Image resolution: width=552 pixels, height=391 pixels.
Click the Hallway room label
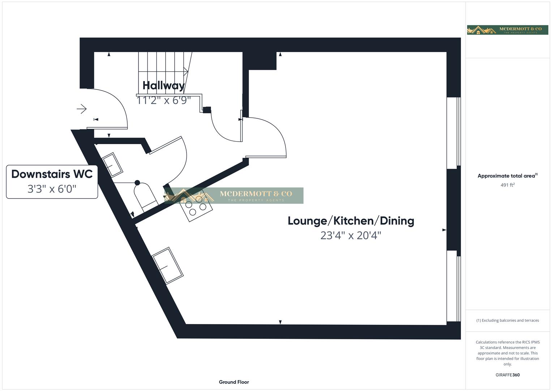pyautogui.click(x=163, y=85)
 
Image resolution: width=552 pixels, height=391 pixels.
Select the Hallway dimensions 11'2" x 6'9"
pyautogui.click(x=163, y=100)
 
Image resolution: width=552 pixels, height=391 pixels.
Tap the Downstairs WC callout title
pyautogui.click(x=52, y=174)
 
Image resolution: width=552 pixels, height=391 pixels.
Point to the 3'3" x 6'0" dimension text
pyautogui.click(x=52, y=189)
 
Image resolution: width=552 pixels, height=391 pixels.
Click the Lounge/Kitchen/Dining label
pyautogui.click(x=351, y=221)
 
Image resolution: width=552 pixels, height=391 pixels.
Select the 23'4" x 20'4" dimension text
pyautogui.click(x=351, y=236)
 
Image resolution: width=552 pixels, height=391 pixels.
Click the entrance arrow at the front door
pyautogui.click(x=82, y=109)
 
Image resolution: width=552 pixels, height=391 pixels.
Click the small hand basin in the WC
pyautogui.click(x=113, y=165)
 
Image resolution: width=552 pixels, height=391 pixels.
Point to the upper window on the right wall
pyautogui.click(x=453, y=133)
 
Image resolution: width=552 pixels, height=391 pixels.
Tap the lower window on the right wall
pyautogui.click(x=453, y=286)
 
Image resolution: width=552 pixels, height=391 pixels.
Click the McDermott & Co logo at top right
pyautogui.click(x=507, y=30)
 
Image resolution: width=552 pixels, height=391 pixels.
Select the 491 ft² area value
pyautogui.click(x=507, y=185)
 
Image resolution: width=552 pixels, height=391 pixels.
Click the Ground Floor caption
pyautogui.click(x=234, y=382)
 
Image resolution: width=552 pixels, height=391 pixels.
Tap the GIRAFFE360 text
pyautogui.click(x=507, y=375)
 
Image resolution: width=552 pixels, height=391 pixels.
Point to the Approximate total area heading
pyautogui.click(x=507, y=176)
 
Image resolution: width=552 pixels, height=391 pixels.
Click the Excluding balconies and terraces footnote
pyautogui.click(x=508, y=320)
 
